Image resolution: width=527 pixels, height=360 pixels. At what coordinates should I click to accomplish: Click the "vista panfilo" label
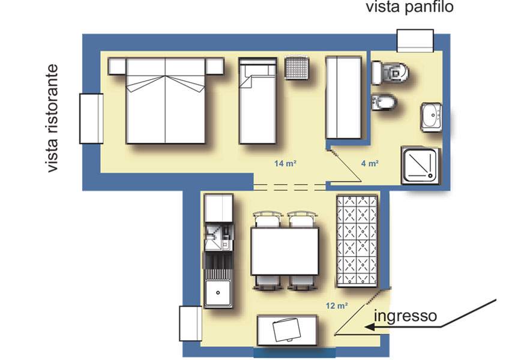[410, 8]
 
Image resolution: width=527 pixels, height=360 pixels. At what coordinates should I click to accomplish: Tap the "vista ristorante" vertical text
[55, 119]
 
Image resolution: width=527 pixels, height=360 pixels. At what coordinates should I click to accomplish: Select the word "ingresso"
[405, 316]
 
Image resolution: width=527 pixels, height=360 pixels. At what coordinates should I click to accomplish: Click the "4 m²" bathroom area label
[369, 163]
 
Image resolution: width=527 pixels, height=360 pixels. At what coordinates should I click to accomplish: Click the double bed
[166, 101]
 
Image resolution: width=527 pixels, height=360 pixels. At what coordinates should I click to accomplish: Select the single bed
[257, 101]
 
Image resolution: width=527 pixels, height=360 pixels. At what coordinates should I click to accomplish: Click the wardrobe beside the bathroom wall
[345, 97]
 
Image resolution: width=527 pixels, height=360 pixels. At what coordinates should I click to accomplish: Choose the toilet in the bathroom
[391, 73]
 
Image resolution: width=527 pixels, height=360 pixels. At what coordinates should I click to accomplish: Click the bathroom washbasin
[431, 116]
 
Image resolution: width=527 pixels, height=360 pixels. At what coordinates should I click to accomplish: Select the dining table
[283, 251]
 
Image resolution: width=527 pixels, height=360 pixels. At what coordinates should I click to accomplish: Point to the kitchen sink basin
[218, 295]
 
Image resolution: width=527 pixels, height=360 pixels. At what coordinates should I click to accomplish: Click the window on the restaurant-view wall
[91, 118]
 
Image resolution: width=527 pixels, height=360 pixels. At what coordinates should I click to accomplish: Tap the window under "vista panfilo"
[415, 41]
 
